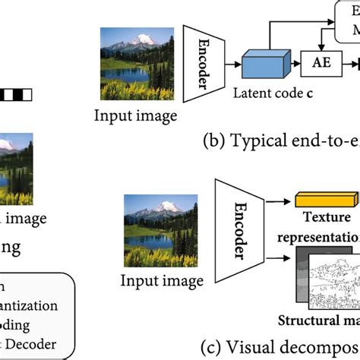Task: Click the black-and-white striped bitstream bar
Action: (x=16, y=96)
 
